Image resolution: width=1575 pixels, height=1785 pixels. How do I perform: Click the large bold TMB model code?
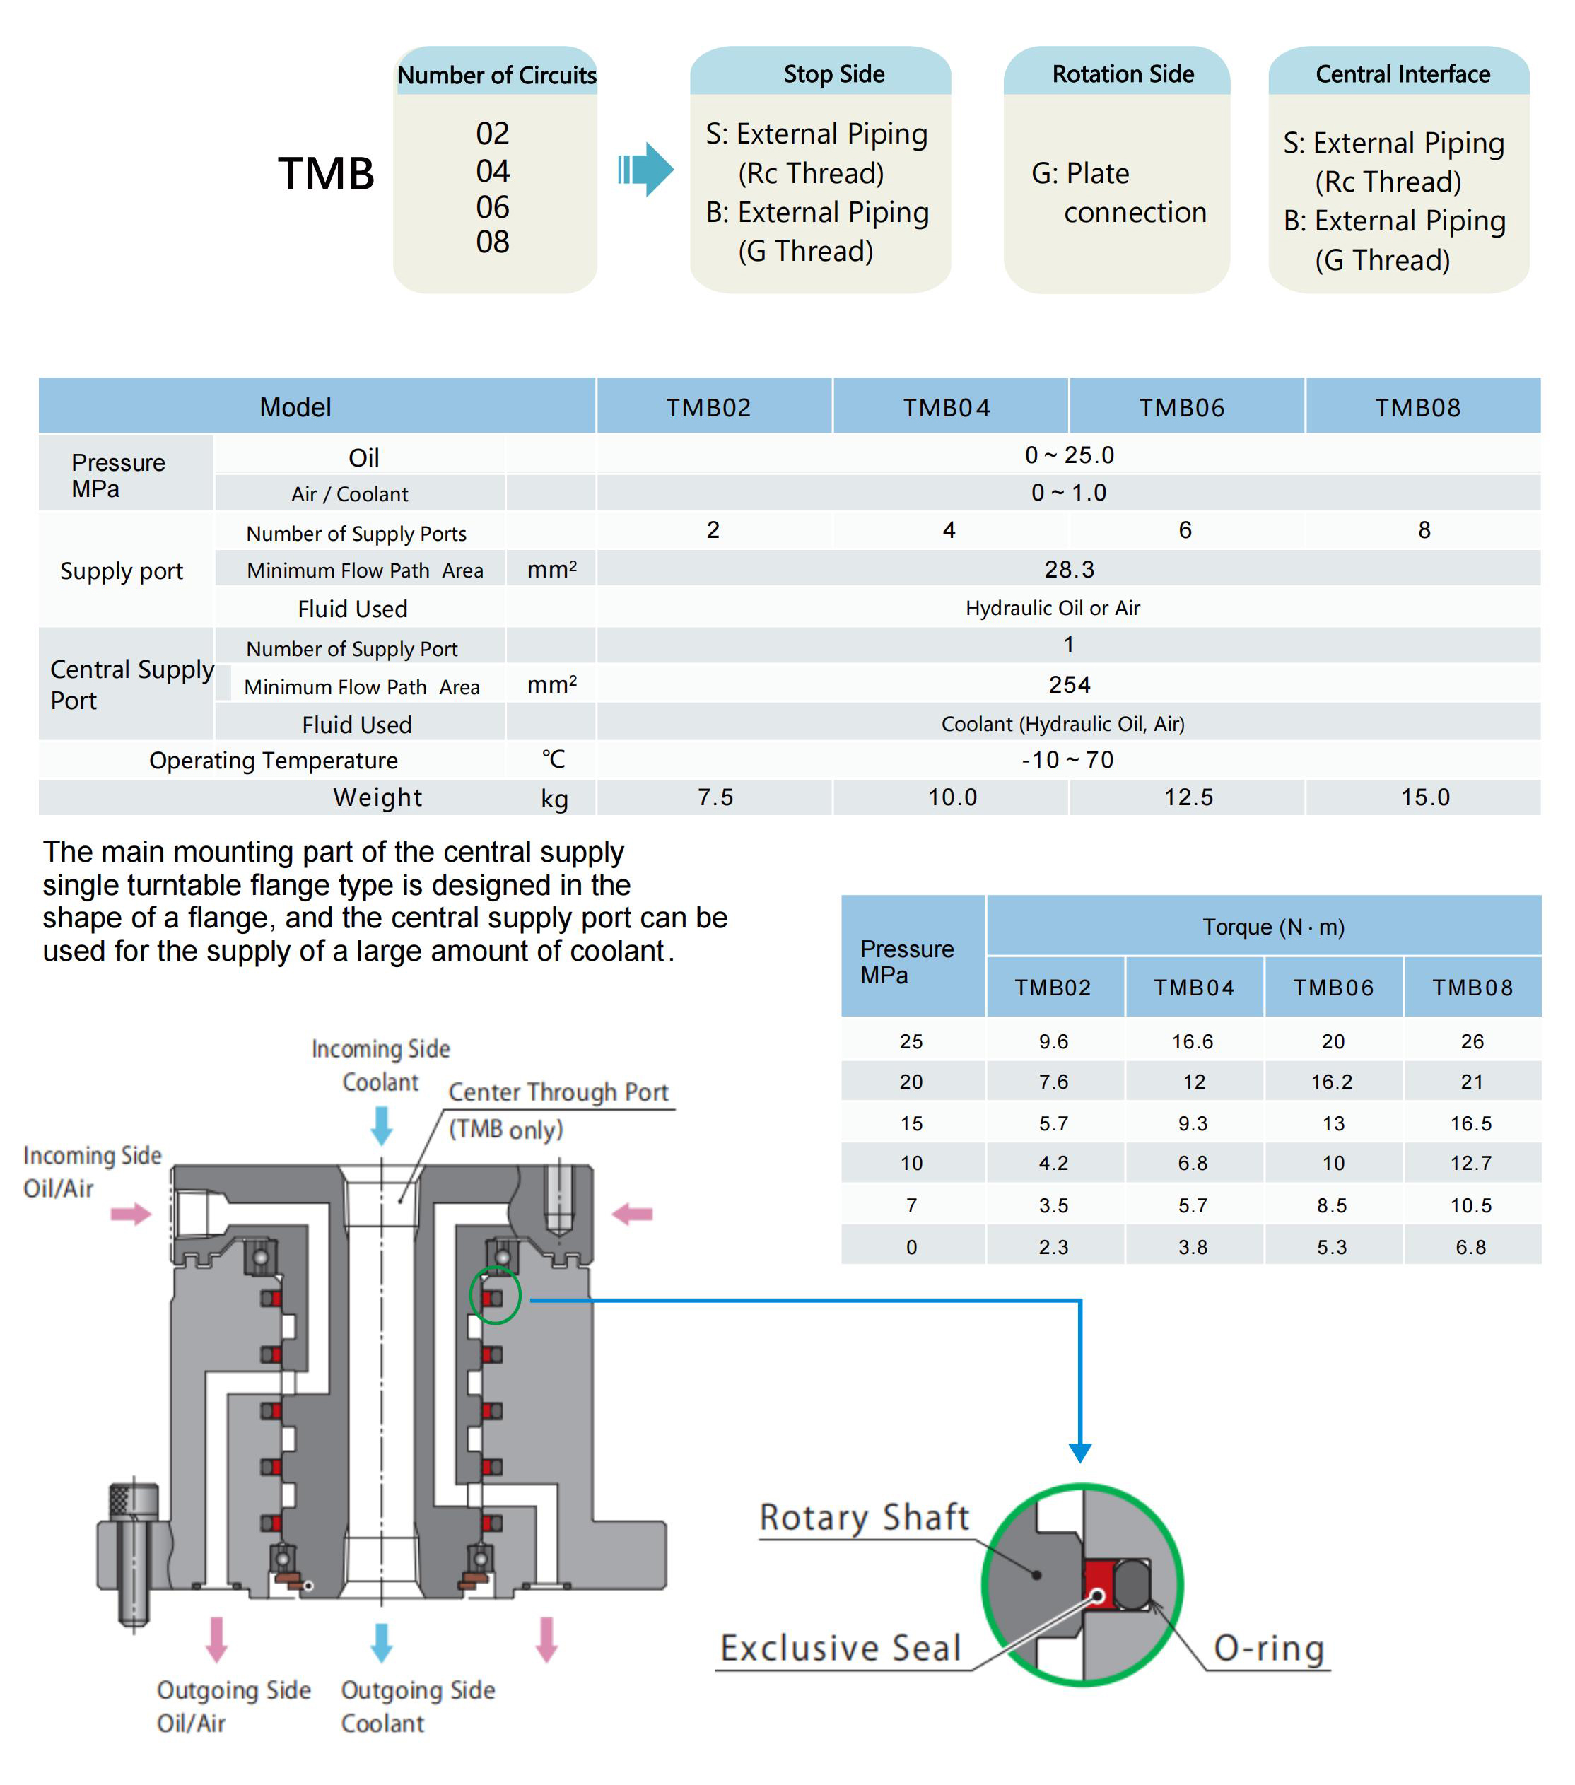pos(326,174)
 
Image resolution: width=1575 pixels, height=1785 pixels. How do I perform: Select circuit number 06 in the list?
pos(493,207)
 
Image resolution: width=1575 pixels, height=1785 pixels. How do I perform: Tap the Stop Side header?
pos(833,74)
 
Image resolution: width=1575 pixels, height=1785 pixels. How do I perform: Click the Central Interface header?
pos(1401,74)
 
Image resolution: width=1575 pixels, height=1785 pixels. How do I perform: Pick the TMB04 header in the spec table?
pos(947,408)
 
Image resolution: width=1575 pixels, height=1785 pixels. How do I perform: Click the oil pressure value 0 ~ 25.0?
pos(1069,455)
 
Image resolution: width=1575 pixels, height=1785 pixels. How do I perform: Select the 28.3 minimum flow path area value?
pos(1069,569)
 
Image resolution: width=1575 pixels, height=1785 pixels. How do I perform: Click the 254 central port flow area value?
pos(1069,684)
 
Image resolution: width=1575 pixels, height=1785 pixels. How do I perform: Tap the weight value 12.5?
pos(1188,797)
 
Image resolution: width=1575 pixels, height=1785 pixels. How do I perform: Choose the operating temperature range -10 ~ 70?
pos(1067,760)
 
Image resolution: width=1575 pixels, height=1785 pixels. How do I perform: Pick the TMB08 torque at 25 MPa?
pos(1472,1041)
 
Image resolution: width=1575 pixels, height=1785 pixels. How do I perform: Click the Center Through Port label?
pos(558,1092)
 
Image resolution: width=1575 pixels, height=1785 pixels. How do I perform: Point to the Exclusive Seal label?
pos(840,1648)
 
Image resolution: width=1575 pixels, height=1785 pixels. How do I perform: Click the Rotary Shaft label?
pos(863,1517)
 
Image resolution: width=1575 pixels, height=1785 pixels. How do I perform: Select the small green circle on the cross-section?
pos(495,1295)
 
